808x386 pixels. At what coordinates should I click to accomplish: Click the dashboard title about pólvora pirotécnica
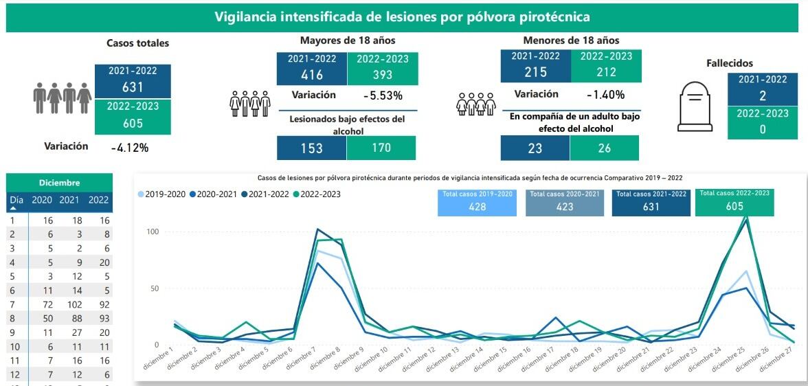402,16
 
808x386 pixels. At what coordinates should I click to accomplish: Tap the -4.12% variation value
129,147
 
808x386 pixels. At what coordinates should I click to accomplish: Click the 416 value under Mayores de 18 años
312,74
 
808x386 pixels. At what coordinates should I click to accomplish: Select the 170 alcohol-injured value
381,148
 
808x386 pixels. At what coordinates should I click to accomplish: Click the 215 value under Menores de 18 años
535,72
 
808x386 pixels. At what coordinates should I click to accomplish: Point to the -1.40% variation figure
605,95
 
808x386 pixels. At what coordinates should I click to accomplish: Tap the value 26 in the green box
604,148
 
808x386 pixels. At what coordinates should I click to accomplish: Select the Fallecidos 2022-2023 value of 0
762,128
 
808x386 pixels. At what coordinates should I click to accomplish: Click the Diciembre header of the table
60,183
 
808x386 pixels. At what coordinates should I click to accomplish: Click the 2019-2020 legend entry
162,194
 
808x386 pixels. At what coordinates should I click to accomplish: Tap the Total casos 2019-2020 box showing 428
477,201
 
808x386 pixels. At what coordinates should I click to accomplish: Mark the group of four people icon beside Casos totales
63,99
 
